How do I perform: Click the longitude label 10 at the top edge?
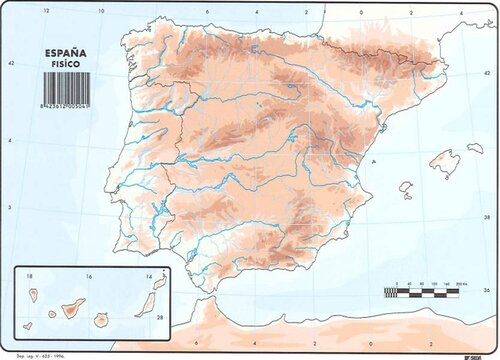(102, 12)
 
